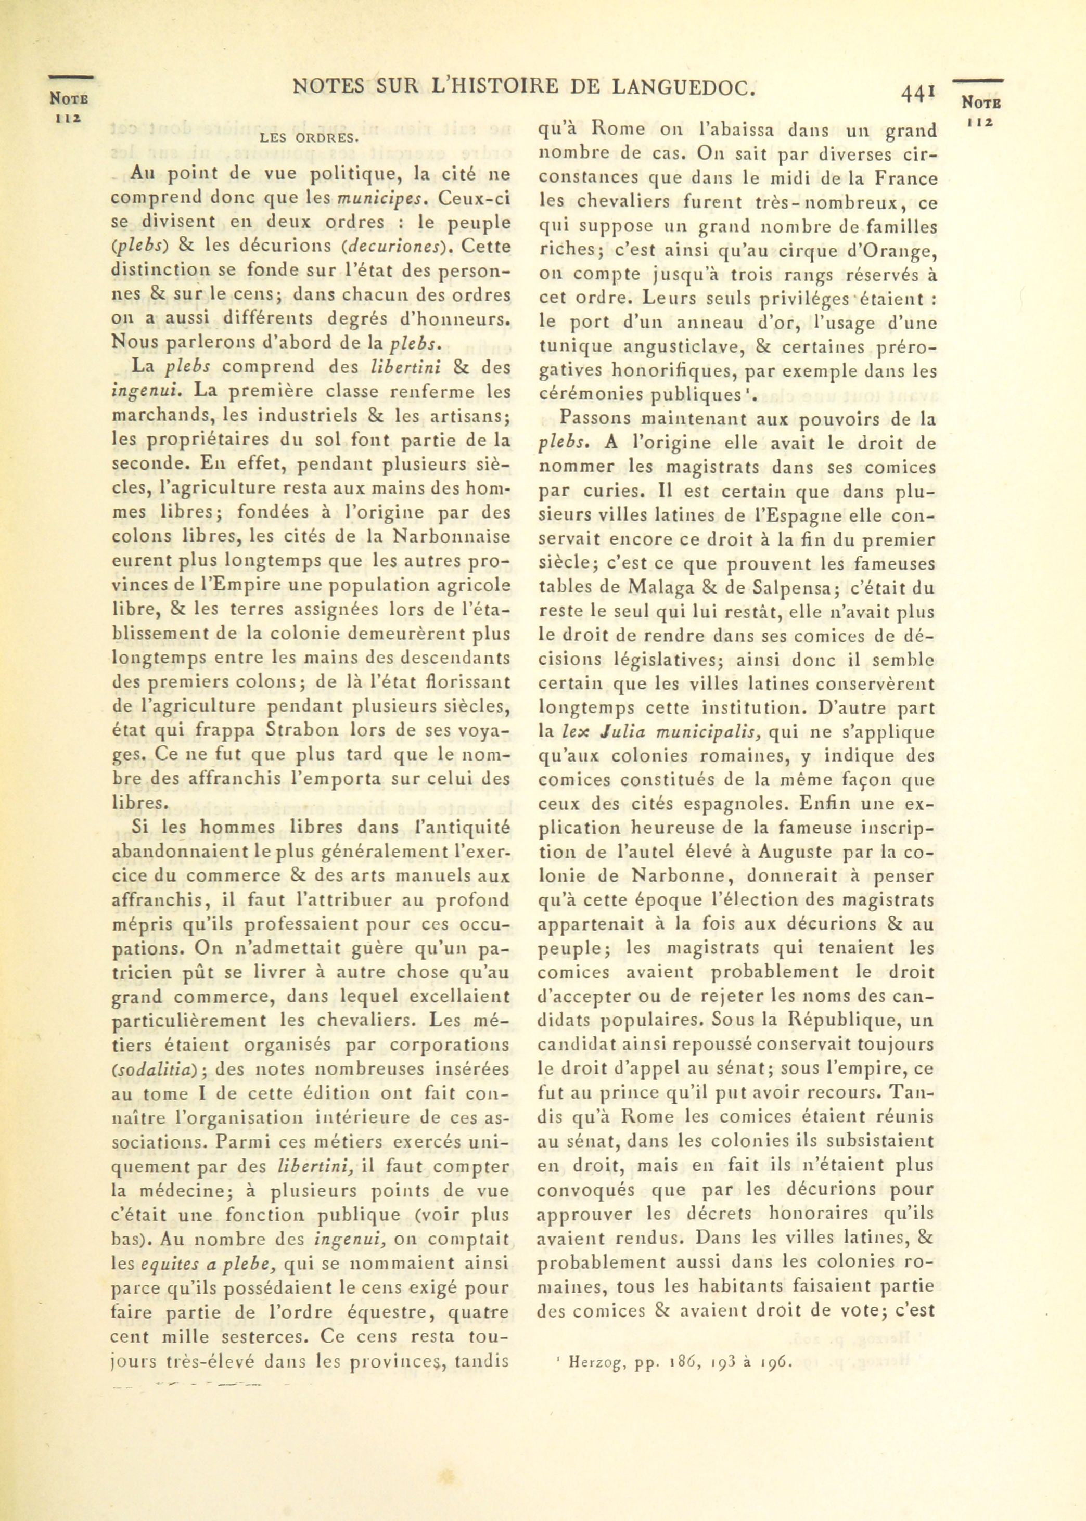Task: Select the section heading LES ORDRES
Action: tap(309, 139)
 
